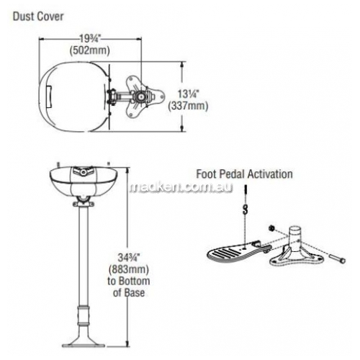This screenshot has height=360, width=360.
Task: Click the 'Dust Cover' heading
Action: tap(38, 17)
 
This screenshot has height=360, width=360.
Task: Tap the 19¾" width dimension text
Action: tap(90, 38)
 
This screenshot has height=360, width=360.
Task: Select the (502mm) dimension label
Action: tap(90, 50)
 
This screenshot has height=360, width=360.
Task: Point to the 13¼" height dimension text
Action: tap(188, 94)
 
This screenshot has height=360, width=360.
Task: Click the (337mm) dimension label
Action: tap(188, 106)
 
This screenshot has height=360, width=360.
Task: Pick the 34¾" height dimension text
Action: tap(129, 258)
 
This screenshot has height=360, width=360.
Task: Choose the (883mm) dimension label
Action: tap(129, 269)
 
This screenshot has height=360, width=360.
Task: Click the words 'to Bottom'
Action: tap(129, 281)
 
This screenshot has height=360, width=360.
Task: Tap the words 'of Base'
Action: tap(129, 293)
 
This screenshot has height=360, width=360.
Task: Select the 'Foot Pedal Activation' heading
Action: tap(244, 174)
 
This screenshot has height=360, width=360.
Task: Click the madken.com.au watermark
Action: tap(181, 187)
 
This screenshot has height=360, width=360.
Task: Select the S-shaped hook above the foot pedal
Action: tap(245, 209)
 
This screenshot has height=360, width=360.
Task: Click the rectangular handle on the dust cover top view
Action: tap(49, 97)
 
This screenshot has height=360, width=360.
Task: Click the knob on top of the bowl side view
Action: tap(84, 172)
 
